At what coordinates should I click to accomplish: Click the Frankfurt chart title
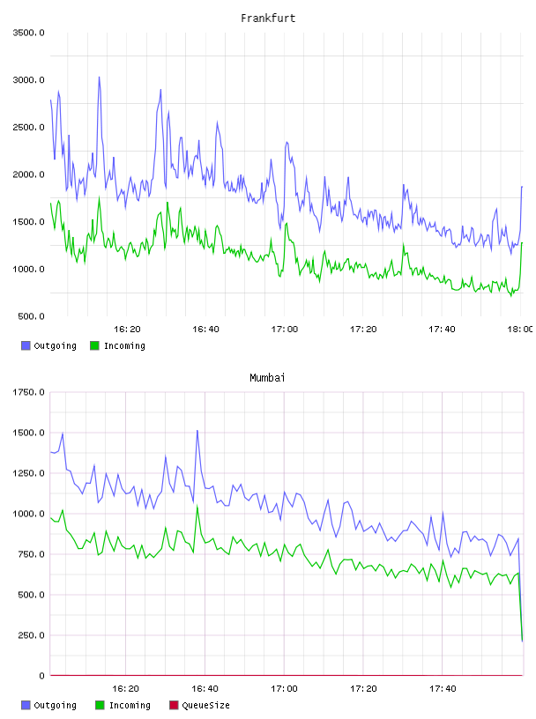tap(268, 19)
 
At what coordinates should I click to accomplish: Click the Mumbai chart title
tap(267, 378)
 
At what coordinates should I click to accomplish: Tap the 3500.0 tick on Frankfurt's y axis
tap(29, 33)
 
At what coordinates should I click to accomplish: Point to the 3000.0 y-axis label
tap(29, 80)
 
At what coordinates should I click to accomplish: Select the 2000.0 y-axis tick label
tap(29, 174)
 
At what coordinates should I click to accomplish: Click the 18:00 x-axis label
tap(520, 330)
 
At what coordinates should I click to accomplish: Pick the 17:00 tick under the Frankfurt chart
tap(285, 330)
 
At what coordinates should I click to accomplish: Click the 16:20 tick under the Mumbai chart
tap(126, 689)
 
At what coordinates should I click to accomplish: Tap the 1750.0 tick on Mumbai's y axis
tap(29, 392)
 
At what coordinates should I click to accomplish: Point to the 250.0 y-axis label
tap(31, 635)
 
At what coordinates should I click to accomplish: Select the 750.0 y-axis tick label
tap(31, 554)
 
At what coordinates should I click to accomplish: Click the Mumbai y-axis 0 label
tap(41, 676)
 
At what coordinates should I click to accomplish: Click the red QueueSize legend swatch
tap(174, 705)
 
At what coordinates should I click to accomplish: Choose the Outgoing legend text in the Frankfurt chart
tap(55, 345)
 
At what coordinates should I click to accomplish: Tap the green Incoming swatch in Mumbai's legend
tap(100, 705)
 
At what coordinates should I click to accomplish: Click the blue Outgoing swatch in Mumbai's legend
tap(26, 705)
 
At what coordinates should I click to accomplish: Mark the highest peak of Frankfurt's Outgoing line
tap(99, 77)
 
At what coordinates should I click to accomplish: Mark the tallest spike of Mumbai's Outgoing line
tap(197, 430)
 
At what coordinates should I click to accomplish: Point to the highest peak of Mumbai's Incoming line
tap(197, 505)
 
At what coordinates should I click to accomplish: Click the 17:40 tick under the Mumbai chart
tap(443, 689)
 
